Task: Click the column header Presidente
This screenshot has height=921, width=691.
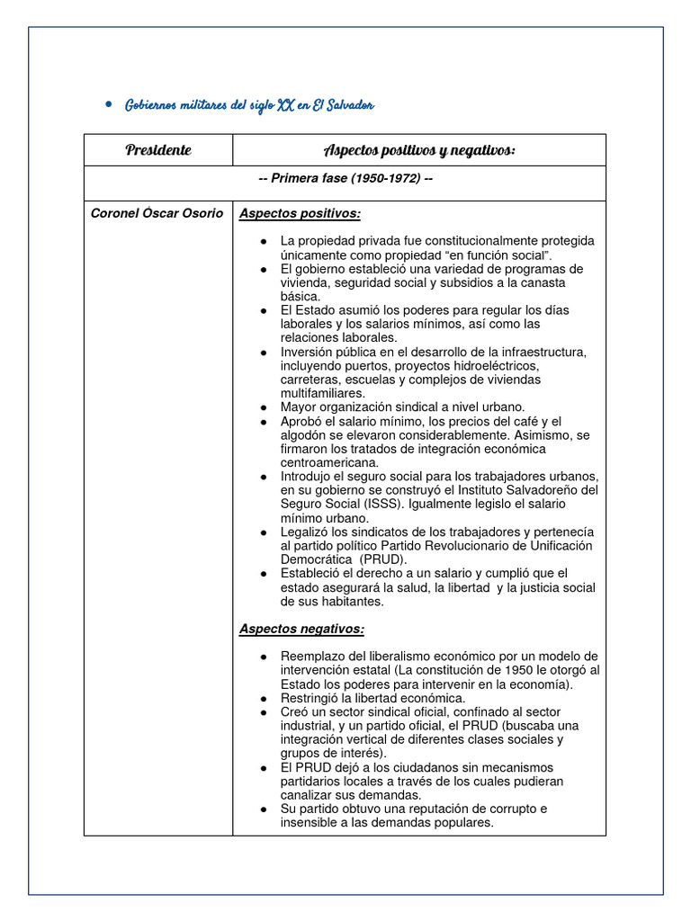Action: coord(158,150)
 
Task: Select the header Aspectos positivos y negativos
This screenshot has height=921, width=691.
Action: coord(419,150)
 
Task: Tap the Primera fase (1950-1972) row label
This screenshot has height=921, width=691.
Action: coord(345,178)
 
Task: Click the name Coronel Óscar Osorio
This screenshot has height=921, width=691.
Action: coord(157,213)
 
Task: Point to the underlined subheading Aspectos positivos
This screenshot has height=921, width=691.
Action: coord(300,213)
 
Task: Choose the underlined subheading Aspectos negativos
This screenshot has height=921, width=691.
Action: coord(301,629)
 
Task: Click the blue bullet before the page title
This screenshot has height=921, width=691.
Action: coord(107,105)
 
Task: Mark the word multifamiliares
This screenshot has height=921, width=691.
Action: coord(323,393)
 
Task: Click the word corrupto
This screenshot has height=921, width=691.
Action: coord(522,809)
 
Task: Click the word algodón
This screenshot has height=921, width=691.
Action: coord(308,435)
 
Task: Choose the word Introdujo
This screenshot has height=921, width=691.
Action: coord(309,476)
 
